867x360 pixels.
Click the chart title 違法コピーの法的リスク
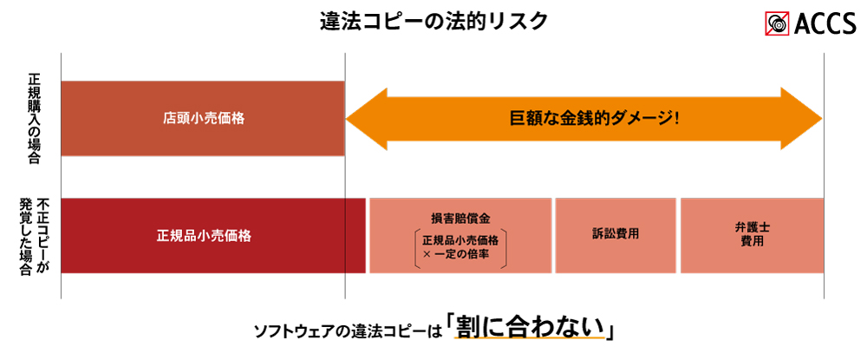[434, 21]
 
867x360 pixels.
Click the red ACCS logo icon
[779, 23]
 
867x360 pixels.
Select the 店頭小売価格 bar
[203, 118]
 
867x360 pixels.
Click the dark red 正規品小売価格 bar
[213, 236]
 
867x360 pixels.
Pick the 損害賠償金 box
[460, 236]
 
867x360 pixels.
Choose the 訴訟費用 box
[616, 236]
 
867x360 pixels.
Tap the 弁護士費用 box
[753, 236]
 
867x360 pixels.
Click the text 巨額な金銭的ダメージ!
[594, 118]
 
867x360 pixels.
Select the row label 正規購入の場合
[34, 118]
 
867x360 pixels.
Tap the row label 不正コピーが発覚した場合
[34, 236]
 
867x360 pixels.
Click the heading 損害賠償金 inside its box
[460, 218]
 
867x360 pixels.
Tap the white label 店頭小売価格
[204, 118]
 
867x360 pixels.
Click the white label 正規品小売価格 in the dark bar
[204, 236]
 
